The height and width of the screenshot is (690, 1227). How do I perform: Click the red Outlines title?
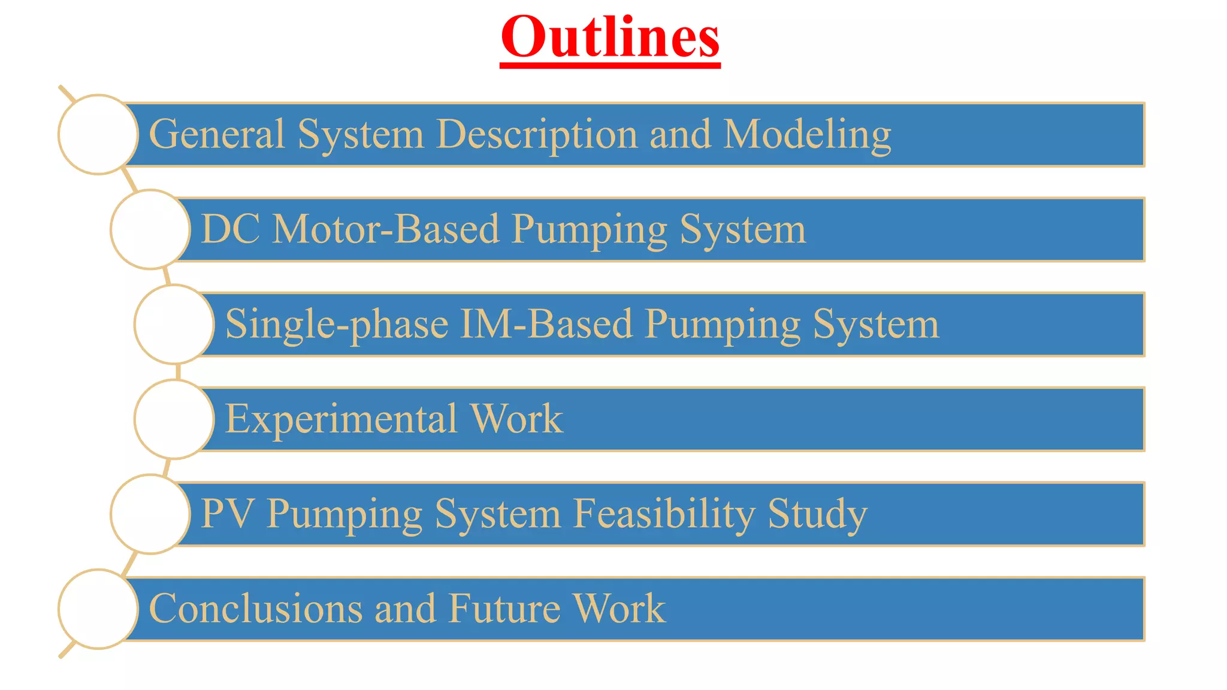click(x=610, y=37)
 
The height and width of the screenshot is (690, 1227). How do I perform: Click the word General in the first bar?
click(x=216, y=134)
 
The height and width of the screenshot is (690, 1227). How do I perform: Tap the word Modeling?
click(x=807, y=134)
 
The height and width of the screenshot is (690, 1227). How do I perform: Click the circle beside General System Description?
click(x=98, y=135)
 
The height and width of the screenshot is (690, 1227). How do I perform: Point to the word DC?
click(x=230, y=229)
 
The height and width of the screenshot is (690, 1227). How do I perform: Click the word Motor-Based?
click(x=386, y=229)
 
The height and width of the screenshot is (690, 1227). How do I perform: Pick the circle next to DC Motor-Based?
click(x=150, y=229)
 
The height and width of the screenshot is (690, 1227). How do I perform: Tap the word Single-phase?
click(x=336, y=325)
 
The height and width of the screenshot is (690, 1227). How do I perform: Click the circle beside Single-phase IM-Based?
click(x=174, y=324)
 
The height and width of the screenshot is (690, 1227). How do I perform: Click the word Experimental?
click(x=341, y=419)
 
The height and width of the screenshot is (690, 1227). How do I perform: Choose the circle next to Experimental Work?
click(x=174, y=419)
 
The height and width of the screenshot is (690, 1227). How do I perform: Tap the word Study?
click(x=817, y=514)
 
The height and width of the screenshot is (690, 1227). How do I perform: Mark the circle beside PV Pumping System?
click(x=150, y=514)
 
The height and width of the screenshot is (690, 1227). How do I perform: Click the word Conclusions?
click(x=255, y=609)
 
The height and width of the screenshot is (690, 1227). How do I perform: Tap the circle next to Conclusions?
click(x=98, y=609)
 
